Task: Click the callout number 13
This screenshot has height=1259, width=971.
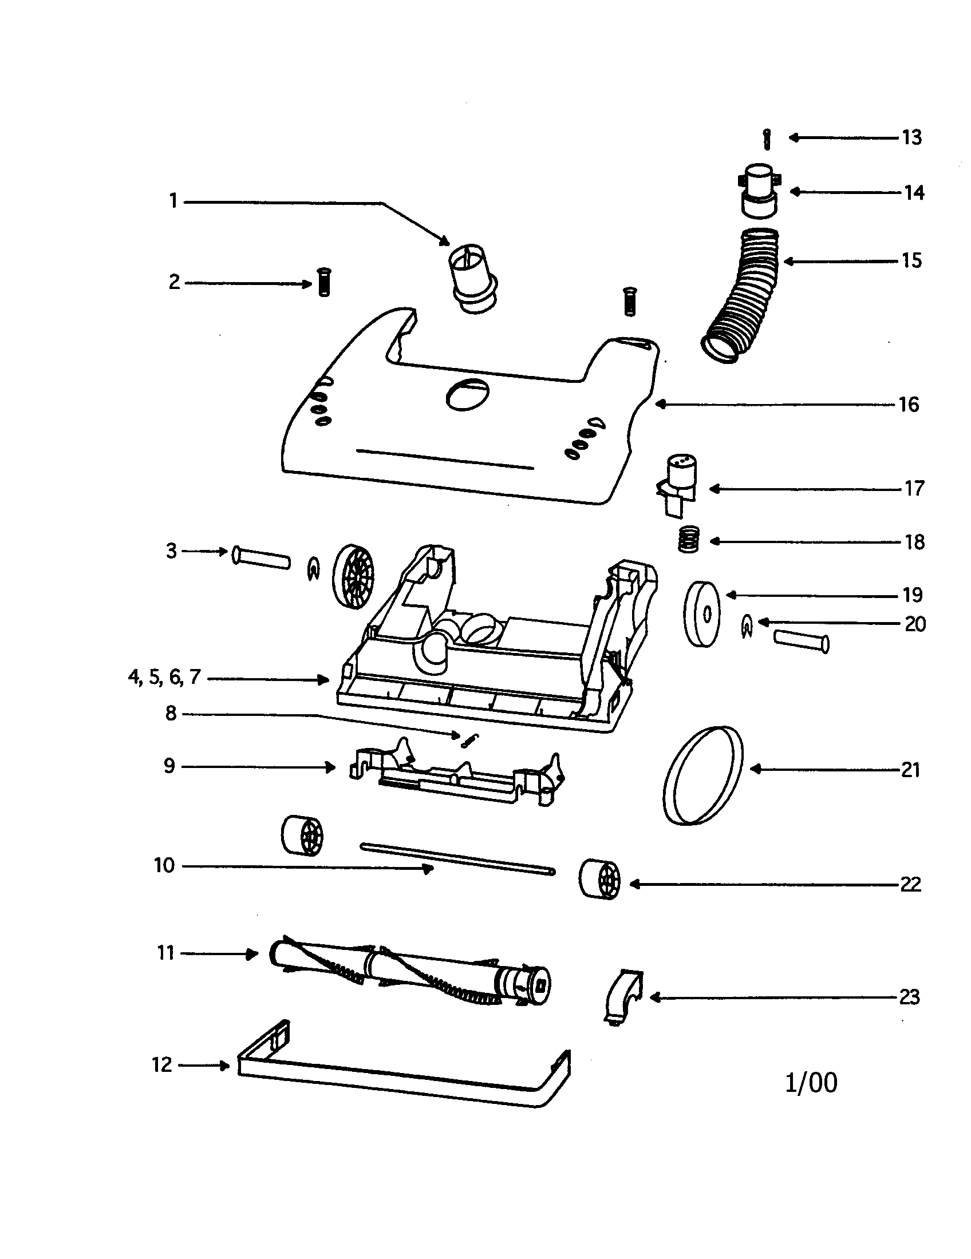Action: pos(912,138)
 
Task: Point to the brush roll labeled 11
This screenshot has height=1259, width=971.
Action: pos(409,972)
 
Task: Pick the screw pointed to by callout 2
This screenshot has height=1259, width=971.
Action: pos(324,283)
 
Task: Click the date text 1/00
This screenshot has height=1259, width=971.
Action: pos(811,1083)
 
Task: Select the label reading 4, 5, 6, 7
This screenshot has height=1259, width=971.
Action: pos(164,677)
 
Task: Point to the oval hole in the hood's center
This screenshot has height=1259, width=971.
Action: pos(468,395)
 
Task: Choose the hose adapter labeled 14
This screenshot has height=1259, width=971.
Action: pos(758,192)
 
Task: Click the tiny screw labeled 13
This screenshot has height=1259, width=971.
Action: pos(766,139)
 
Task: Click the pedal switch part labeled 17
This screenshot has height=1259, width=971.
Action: pos(679,483)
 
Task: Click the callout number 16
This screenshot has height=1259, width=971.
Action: pos(909,405)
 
